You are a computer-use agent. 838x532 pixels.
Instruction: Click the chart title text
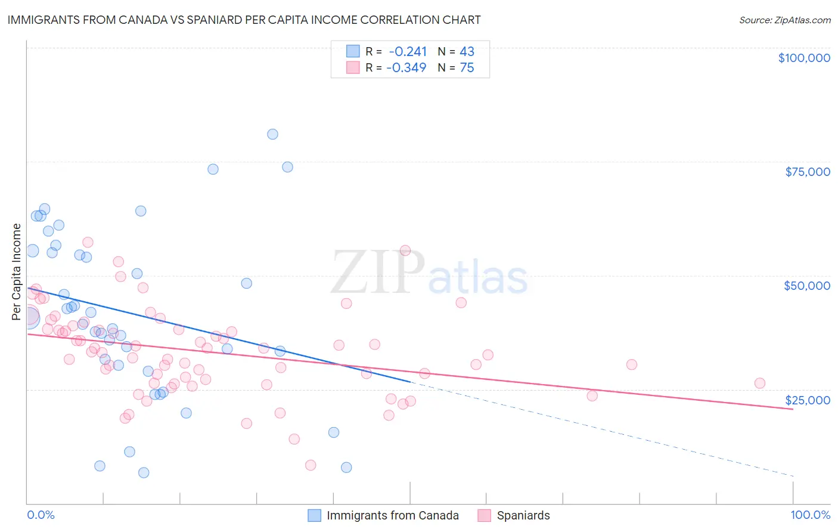[244, 20]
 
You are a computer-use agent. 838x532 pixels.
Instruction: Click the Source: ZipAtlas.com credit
[784, 20]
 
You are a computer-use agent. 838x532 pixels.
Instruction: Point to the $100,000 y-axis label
[804, 58]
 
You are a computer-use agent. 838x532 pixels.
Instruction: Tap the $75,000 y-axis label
[808, 172]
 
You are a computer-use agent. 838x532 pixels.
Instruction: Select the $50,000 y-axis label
[807, 286]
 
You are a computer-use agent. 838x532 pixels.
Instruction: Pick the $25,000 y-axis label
[808, 400]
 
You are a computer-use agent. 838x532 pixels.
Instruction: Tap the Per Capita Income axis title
[17, 271]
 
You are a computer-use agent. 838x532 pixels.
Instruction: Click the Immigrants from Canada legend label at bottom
[393, 515]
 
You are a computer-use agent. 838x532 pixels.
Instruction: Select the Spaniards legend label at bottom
[523, 515]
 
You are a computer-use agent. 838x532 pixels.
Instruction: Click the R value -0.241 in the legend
[408, 51]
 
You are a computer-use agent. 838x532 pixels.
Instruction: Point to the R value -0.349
[406, 67]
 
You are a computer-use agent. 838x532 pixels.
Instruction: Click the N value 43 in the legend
[467, 51]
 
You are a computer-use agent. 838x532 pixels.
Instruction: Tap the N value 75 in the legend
[467, 67]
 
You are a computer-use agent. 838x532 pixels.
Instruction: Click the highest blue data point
[272, 134]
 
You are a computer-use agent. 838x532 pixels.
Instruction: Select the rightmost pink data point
[759, 383]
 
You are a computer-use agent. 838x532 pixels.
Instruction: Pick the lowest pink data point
[311, 465]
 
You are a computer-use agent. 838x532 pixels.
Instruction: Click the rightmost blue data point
[346, 468]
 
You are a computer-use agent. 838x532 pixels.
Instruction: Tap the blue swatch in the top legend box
[353, 51]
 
